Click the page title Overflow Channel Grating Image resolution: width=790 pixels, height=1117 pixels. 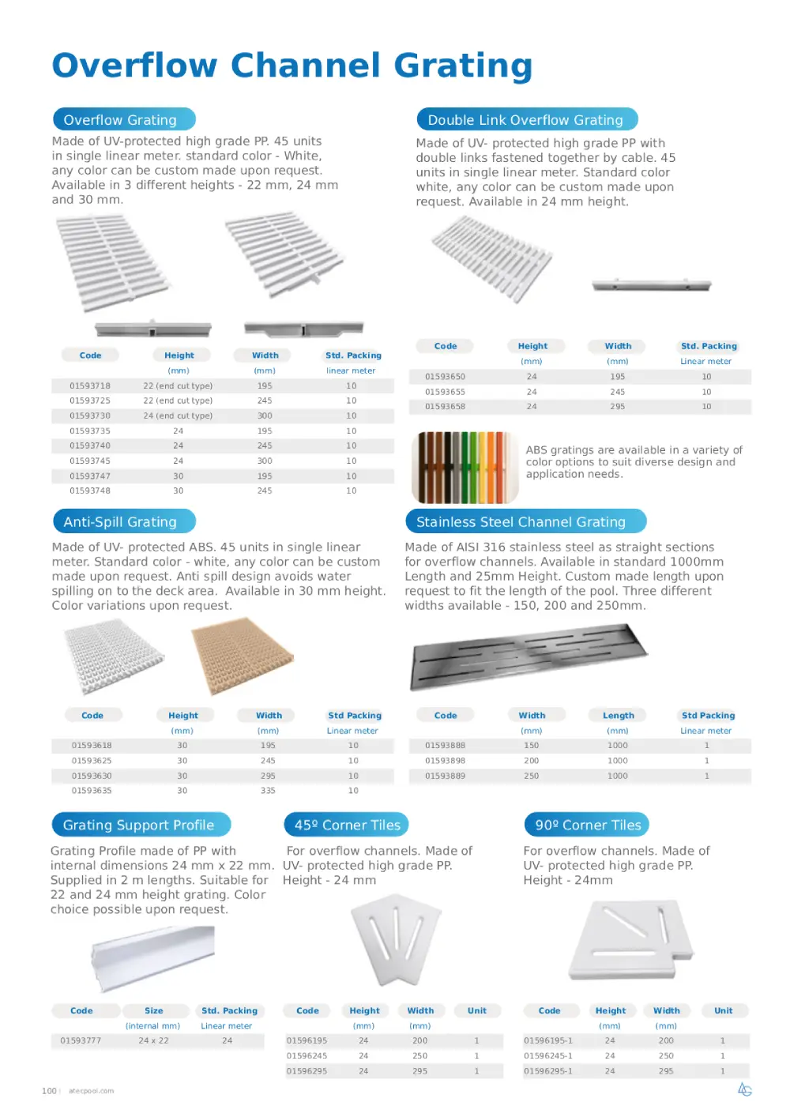point(292,66)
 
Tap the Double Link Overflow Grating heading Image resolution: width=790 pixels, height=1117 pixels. point(525,120)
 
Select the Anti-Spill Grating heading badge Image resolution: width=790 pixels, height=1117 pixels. point(120,522)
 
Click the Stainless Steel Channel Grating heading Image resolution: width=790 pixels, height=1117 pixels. point(521,522)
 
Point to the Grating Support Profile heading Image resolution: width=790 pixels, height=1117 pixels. point(139,825)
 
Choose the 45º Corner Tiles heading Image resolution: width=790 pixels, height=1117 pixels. point(347,825)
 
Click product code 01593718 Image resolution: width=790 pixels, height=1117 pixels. point(90,386)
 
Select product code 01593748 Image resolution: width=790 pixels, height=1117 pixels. point(90,491)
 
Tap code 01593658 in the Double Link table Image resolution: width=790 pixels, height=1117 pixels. point(445,407)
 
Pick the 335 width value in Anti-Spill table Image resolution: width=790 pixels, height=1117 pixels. point(269,791)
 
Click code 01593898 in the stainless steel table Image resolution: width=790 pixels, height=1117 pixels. point(445,761)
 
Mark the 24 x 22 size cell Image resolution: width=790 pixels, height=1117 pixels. point(154,1040)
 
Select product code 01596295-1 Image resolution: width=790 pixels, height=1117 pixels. point(548,1071)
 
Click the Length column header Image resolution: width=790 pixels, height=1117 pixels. point(619,716)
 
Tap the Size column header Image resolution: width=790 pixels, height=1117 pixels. point(154,1011)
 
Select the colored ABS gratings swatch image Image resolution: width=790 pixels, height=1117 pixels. point(464,467)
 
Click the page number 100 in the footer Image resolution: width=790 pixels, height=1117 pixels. point(49,1091)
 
